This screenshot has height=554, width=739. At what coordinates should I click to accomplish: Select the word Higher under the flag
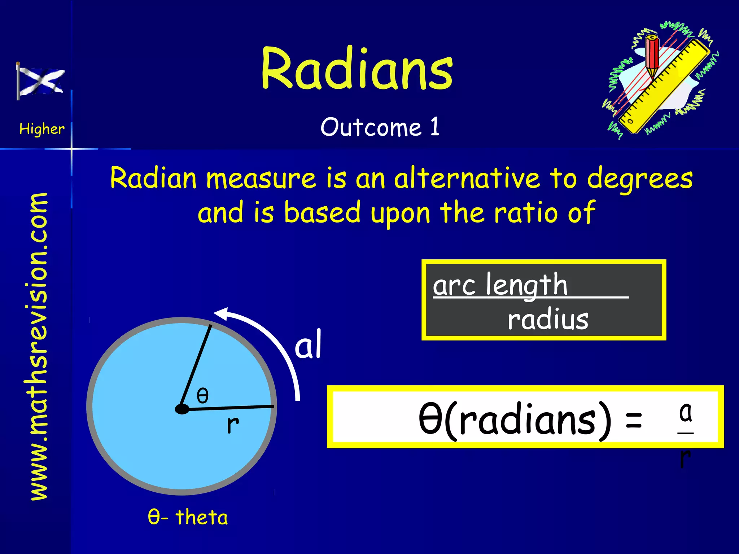click(42, 129)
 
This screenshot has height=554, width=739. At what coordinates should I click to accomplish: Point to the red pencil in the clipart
click(652, 56)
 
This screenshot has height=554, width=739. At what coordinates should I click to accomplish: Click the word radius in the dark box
click(548, 320)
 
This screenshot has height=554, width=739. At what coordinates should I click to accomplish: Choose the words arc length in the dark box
click(500, 285)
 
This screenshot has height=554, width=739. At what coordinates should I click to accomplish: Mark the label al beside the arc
click(308, 345)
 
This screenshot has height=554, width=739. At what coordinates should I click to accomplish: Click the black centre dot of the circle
click(182, 409)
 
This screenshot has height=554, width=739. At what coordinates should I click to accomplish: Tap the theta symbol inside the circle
click(202, 395)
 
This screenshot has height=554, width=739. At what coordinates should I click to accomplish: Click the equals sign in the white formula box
click(634, 420)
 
